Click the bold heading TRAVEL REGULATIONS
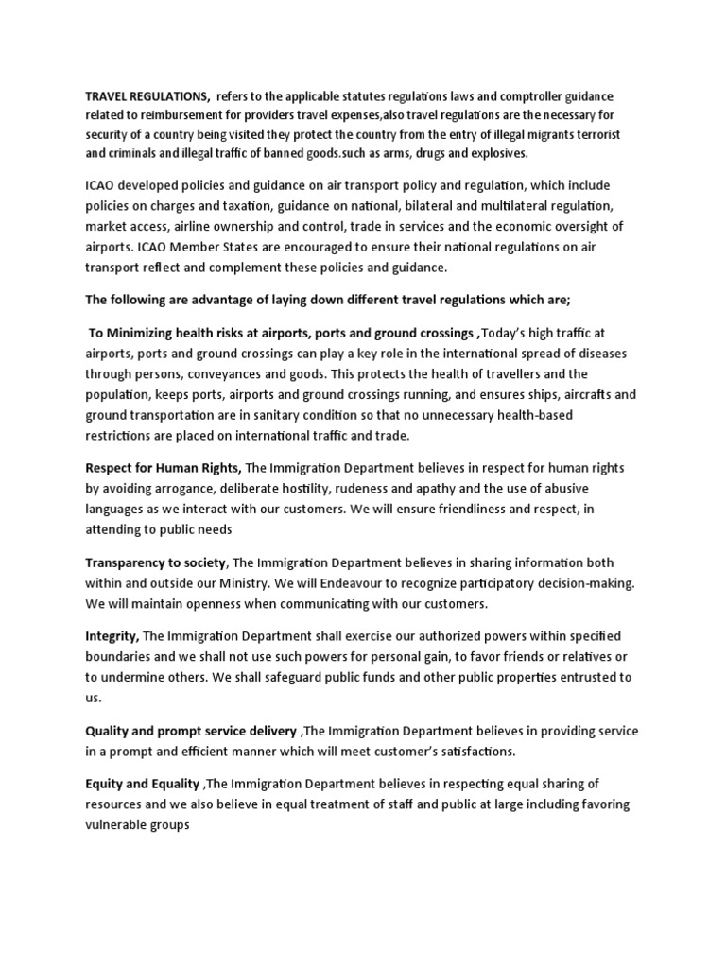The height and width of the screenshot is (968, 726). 147,96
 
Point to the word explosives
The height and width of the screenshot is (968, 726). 495,153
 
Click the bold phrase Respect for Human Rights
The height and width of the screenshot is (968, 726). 163,468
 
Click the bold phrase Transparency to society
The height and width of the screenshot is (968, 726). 156,562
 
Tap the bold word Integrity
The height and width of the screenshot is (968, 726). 112,636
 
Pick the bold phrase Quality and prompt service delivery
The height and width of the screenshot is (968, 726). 190,731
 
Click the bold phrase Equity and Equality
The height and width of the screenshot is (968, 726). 142,784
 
